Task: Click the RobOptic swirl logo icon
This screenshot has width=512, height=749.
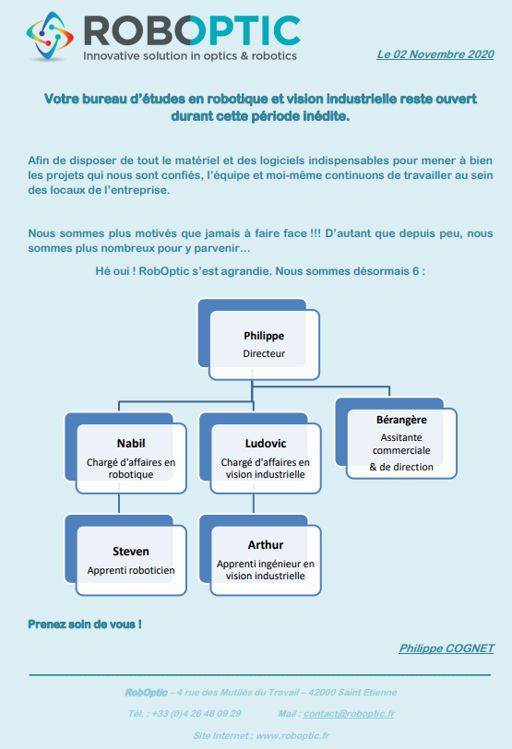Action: [50, 36]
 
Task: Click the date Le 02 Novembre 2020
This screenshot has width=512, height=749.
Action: [435, 54]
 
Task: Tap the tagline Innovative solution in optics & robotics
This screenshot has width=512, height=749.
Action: [190, 56]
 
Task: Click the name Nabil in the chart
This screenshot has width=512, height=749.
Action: [131, 444]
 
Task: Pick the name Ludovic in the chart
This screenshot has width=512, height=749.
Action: [266, 444]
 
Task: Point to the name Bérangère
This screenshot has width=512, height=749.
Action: [401, 420]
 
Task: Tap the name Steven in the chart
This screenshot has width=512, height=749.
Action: [131, 552]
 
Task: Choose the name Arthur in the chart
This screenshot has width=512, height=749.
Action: [266, 545]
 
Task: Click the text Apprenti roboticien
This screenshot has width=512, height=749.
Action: [131, 570]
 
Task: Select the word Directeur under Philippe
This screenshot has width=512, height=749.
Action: [264, 354]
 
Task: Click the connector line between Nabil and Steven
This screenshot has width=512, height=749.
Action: [119, 504]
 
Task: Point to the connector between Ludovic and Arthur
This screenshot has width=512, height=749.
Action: [254, 504]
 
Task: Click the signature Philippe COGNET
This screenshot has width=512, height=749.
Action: [447, 648]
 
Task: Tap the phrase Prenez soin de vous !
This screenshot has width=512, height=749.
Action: [85, 624]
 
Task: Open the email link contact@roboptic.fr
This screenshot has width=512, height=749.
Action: [349, 714]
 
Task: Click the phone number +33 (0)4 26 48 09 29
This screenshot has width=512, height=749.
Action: [196, 714]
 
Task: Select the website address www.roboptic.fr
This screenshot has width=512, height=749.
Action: [292, 736]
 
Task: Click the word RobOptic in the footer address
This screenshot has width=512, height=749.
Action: [146, 693]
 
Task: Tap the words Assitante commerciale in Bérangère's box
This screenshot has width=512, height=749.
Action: [401, 444]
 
